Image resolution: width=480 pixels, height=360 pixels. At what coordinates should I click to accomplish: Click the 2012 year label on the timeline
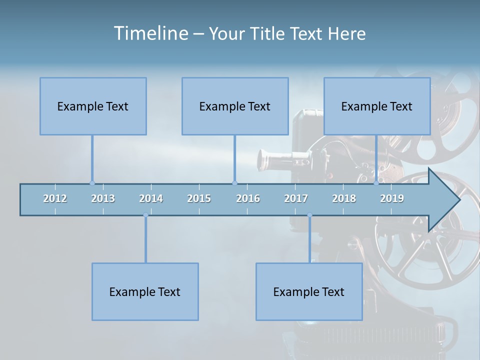[x=55, y=198]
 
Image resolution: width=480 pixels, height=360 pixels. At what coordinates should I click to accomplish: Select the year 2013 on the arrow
[x=103, y=198]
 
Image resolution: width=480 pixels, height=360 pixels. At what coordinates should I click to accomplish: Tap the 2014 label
[x=151, y=198]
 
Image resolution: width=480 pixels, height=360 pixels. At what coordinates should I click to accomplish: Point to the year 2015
[x=199, y=198]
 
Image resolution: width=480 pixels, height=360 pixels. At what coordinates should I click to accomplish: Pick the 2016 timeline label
[x=248, y=198]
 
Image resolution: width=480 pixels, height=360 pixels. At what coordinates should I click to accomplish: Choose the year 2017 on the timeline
[x=296, y=198]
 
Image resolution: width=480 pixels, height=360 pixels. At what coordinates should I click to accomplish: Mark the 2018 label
[x=344, y=198]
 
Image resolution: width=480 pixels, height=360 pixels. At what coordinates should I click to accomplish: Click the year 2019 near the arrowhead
[x=392, y=198]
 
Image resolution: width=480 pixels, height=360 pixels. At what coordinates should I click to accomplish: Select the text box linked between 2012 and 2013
[x=93, y=106]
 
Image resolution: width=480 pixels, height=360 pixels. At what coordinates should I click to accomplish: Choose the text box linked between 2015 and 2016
[x=235, y=106]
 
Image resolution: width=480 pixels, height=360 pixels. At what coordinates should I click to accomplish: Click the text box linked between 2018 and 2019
[x=377, y=106]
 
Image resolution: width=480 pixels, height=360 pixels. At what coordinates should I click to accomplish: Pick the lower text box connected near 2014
[x=145, y=291]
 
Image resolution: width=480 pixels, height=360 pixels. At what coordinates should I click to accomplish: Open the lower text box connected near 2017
[x=309, y=291]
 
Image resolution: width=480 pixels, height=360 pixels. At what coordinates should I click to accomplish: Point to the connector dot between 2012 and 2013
[x=92, y=183]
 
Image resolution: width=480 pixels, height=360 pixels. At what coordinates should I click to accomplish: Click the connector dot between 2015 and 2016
[x=234, y=183]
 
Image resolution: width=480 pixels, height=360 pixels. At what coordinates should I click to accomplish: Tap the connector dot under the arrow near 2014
[x=145, y=215]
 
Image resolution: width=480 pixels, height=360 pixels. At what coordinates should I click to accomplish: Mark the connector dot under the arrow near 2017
[x=309, y=215]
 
